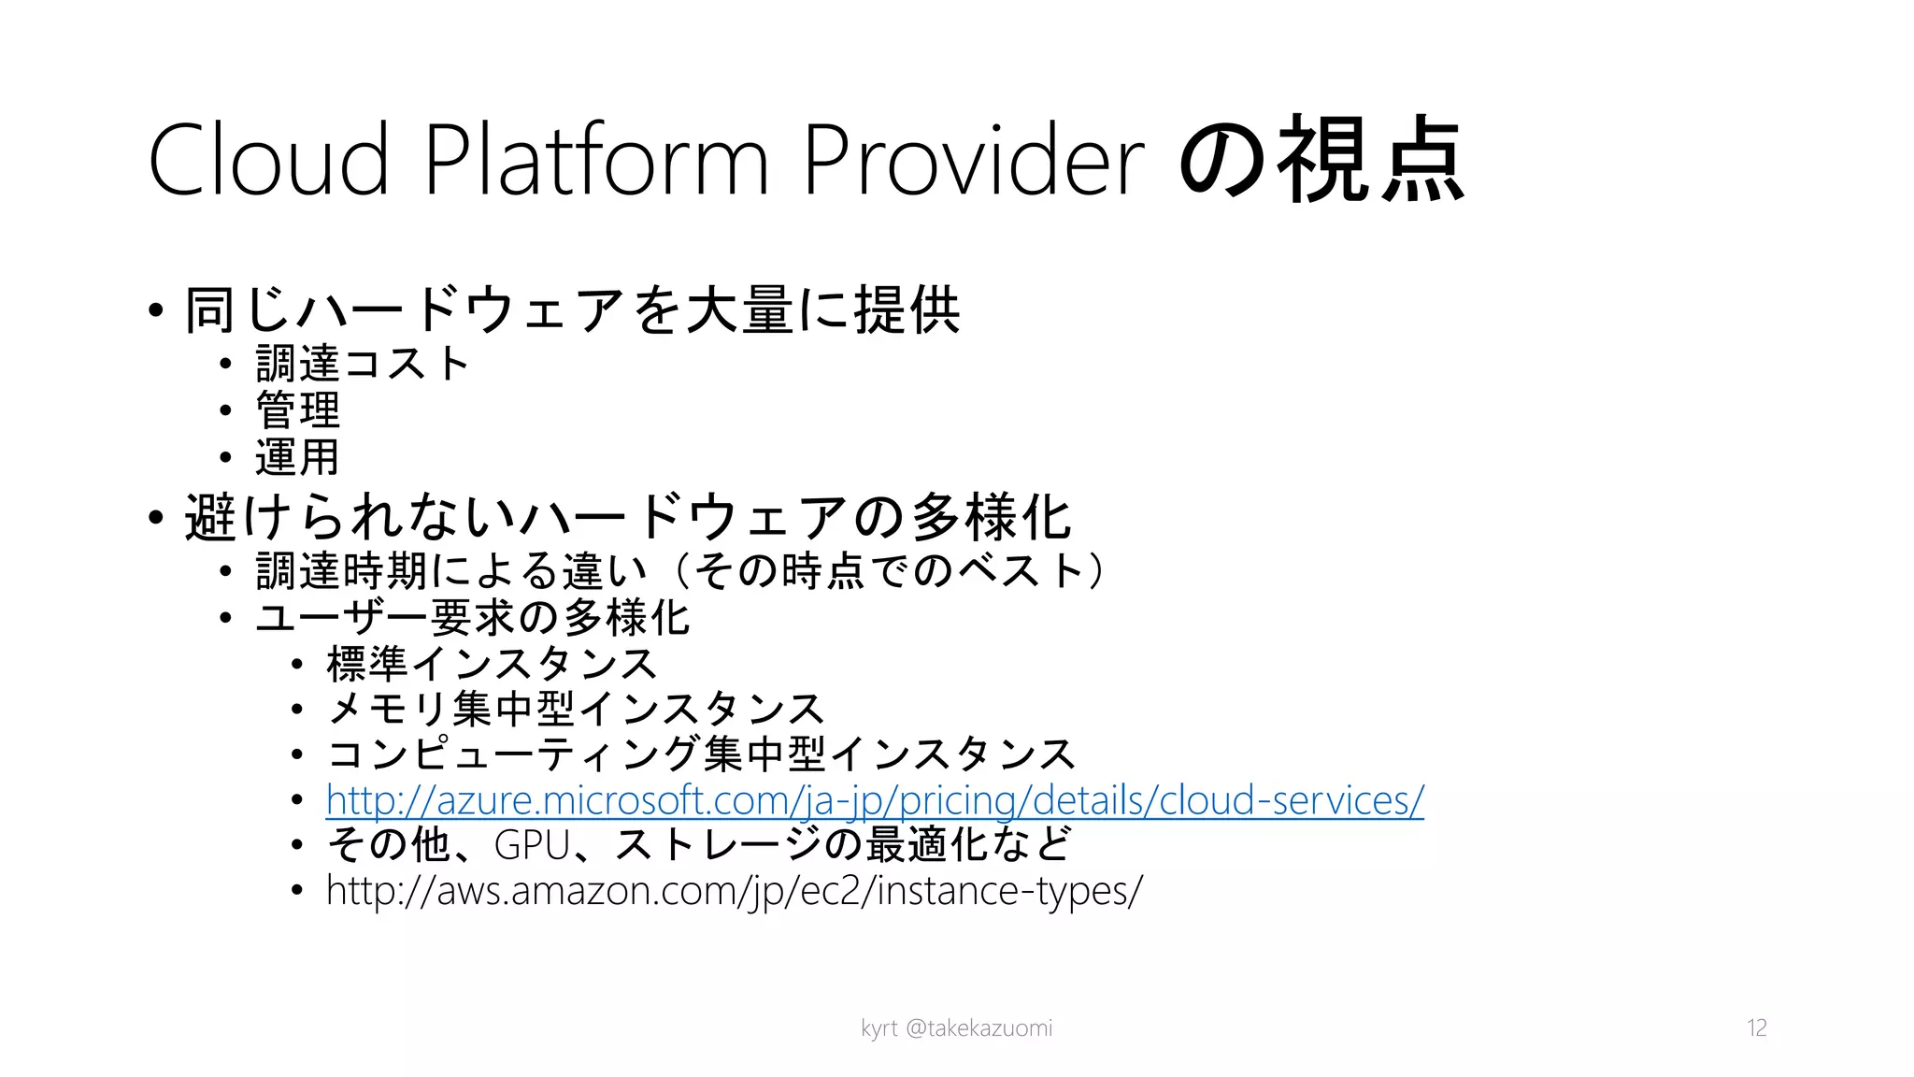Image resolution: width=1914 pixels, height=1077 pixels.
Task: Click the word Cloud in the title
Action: (268, 161)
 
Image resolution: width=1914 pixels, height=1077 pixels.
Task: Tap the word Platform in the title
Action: (596, 161)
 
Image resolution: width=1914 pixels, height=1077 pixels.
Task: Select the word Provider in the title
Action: (973, 161)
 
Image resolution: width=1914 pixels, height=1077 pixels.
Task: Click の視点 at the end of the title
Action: (1321, 161)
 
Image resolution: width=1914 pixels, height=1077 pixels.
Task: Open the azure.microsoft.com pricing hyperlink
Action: (875, 800)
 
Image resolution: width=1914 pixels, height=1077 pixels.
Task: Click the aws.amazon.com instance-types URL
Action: (734, 890)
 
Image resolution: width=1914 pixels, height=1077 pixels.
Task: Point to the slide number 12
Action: (1756, 1028)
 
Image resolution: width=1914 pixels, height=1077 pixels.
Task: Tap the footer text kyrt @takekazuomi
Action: (956, 1028)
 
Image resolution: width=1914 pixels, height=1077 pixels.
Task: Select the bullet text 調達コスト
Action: (363, 364)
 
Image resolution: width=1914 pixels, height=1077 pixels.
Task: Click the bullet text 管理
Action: (298, 410)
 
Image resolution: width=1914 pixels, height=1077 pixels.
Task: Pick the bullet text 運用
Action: (298, 457)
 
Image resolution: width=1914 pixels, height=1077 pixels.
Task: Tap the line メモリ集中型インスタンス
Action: (576, 710)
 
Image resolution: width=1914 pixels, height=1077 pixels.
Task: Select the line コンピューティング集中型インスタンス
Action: (702, 754)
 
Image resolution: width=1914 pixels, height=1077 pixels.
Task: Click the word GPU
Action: (532, 845)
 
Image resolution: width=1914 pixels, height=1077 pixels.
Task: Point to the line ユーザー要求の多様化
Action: (473, 618)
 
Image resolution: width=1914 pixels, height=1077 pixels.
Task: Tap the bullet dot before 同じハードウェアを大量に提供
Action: (156, 310)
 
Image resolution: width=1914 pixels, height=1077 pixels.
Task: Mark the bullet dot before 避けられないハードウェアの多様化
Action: (156, 517)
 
